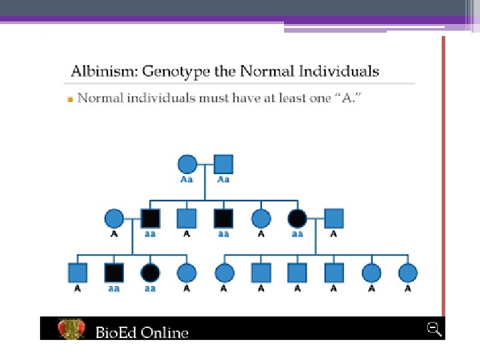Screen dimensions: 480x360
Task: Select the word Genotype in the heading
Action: pos(175,71)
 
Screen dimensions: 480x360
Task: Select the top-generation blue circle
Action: pos(187,164)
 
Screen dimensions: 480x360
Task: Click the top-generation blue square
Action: pos(223,164)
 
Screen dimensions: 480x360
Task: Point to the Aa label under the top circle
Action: pos(187,180)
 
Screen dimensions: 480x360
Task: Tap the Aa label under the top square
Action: pos(223,180)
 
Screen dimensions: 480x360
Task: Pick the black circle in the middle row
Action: pos(297,218)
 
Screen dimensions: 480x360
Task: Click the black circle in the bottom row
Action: pos(151,273)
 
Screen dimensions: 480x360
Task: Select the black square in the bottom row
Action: pos(114,273)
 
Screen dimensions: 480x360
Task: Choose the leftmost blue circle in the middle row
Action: pos(114,218)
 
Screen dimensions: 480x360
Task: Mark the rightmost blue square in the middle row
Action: pos(333,218)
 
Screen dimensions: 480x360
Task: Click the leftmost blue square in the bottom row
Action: pos(78,273)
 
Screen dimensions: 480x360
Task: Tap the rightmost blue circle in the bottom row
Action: pos(407,273)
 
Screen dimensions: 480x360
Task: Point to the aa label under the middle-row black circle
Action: pos(297,234)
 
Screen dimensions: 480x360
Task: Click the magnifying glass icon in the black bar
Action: pos(435,329)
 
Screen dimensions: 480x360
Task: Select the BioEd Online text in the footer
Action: pos(142,332)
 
